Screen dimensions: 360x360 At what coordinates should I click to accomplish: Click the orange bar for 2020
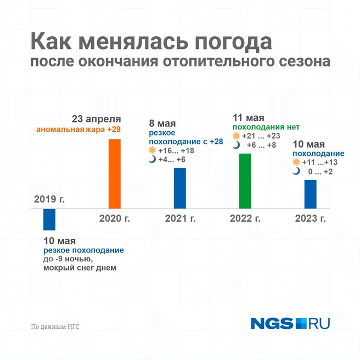(x=114, y=173)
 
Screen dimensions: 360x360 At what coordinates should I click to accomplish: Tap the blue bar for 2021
(x=180, y=188)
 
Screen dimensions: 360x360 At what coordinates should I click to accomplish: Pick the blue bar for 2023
(x=311, y=194)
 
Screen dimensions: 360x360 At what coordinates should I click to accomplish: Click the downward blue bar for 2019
(x=49, y=220)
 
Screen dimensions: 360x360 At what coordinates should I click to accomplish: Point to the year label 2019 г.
(x=49, y=199)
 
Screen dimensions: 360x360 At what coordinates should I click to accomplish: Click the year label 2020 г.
(x=115, y=218)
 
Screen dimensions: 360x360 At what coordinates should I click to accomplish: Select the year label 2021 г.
(x=180, y=218)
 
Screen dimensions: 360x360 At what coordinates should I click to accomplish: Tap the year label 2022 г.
(x=245, y=218)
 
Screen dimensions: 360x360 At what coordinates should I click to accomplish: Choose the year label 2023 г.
(x=311, y=218)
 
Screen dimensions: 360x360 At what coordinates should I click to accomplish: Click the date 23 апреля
(x=97, y=119)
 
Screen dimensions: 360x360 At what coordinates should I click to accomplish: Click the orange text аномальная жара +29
(x=78, y=130)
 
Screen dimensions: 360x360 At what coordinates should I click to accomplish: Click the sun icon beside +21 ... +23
(x=236, y=136)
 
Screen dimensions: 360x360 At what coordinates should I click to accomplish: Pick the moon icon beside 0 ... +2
(x=296, y=171)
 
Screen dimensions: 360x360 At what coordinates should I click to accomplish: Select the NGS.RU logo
(x=290, y=323)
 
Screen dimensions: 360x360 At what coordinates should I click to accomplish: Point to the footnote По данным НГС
(x=55, y=326)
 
